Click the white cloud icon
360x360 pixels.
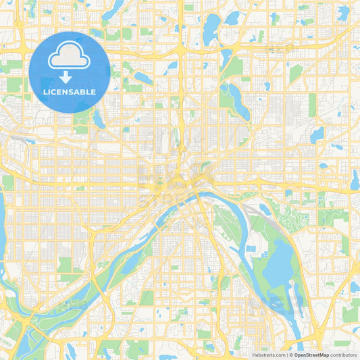[x=70, y=56]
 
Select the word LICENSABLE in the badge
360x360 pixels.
[x=70, y=92]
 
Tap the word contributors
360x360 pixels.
[x=343, y=354]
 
